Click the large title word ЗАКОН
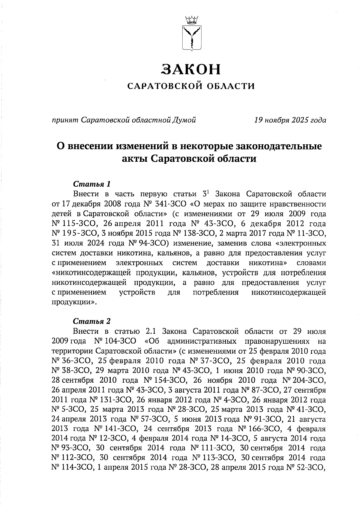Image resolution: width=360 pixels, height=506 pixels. (x=191, y=69)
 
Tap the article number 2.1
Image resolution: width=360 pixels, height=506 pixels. (x=151, y=332)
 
